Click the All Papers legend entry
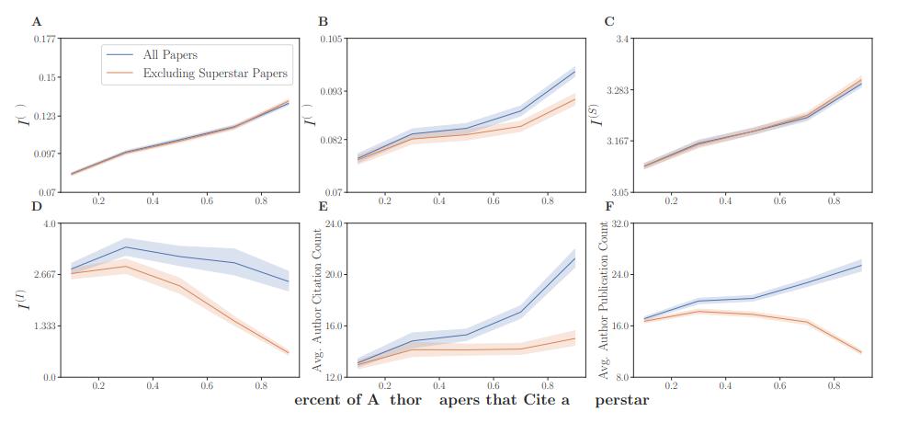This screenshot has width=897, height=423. coord(170,55)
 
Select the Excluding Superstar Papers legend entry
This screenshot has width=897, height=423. coord(215,73)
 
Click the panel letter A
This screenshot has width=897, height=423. coord(36,20)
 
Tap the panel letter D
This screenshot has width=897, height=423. coord(36,205)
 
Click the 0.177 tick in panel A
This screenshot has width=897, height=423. coord(43,39)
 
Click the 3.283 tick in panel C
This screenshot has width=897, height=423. coord(617,90)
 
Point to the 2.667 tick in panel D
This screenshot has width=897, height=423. coord(44,275)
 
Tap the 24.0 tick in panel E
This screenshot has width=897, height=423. coord(333,223)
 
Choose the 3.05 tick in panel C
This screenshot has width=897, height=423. coord(619,192)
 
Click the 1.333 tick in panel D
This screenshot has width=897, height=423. coord(44,326)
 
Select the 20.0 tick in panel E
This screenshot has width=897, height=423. coord(333,275)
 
